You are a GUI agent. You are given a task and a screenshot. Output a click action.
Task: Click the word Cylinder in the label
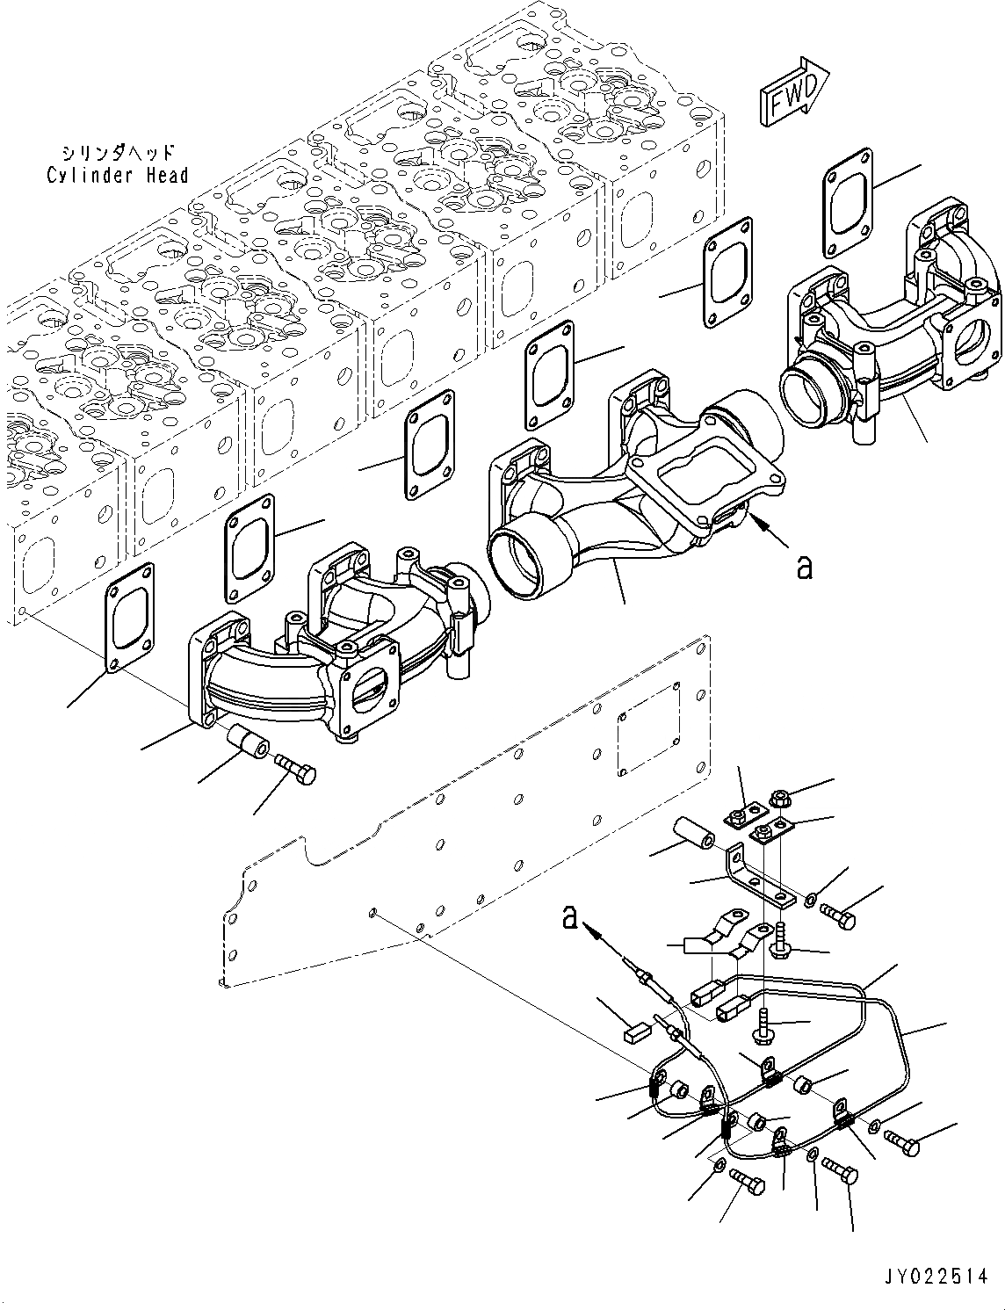tap(90, 176)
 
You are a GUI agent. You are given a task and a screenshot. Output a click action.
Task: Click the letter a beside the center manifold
tap(805, 568)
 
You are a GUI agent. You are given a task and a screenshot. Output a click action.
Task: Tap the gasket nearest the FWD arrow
tap(849, 199)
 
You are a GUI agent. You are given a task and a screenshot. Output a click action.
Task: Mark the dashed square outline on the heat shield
tap(650, 729)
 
